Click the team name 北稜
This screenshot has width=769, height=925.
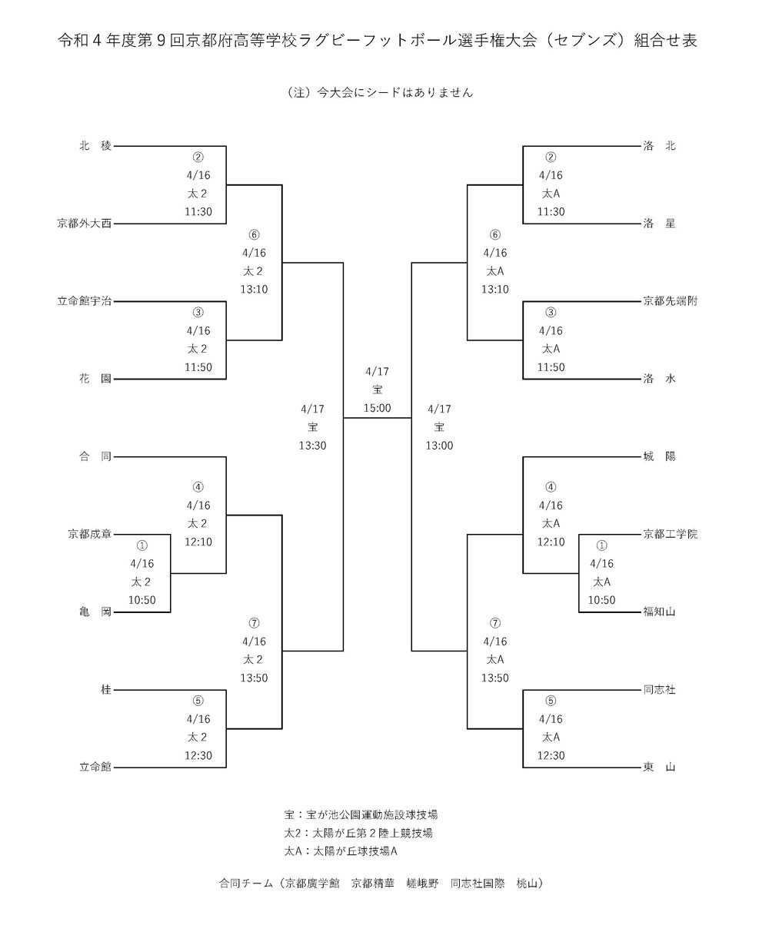(95, 145)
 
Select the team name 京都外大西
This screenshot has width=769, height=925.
(85, 224)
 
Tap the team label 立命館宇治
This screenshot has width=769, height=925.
(85, 301)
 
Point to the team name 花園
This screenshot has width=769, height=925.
(95, 379)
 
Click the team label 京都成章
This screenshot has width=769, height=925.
(90, 534)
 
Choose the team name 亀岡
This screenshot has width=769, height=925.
(95, 612)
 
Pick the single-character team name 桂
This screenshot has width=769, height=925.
(106, 690)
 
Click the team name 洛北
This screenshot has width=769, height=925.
(659, 145)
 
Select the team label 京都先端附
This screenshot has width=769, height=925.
(671, 301)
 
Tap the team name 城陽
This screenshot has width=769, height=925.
(659, 456)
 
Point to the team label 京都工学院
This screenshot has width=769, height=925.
(671, 534)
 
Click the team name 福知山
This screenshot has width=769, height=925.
(659, 612)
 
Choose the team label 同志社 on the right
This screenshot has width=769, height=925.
(659, 690)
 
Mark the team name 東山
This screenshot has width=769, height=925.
(659, 767)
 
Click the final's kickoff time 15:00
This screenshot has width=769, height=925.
(377, 408)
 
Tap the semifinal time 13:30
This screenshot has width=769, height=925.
(312, 446)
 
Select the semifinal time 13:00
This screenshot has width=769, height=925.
(439, 446)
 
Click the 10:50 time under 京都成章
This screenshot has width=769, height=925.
(142, 600)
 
